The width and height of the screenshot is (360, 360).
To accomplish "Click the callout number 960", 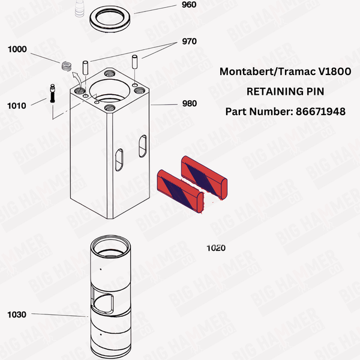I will click(x=188, y=5).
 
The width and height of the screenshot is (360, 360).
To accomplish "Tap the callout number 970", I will click(x=189, y=43).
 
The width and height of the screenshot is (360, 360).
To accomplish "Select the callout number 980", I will click(x=189, y=103).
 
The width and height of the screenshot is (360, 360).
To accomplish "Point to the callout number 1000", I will click(x=17, y=49).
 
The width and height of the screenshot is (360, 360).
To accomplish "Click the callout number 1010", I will click(x=17, y=106).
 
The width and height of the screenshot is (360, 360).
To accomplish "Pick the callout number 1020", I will click(x=216, y=247).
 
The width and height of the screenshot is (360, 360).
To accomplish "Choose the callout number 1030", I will click(x=17, y=314).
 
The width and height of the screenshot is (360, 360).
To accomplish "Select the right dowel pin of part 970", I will click(x=135, y=61).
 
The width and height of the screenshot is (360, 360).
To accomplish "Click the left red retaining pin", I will click(x=178, y=190).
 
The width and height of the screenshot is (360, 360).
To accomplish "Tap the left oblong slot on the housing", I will click(x=118, y=158).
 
